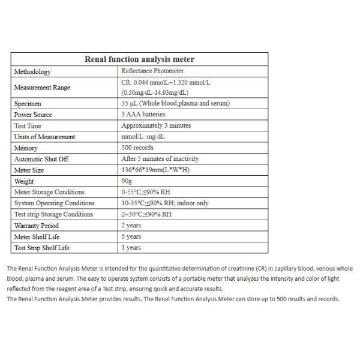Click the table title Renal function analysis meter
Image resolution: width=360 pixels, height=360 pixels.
[139, 59]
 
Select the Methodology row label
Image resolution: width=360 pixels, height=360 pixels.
[33, 71]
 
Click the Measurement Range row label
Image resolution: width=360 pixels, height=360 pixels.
[42, 88]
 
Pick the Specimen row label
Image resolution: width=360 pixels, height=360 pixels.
[28, 103]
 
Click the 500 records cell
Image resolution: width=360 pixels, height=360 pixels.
[137, 148]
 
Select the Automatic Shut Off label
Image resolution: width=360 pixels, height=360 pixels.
[41, 159]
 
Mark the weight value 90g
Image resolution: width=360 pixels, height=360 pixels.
[127, 181]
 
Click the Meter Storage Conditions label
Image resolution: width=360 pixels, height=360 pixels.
[49, 192]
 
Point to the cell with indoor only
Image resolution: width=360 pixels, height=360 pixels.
[165, 203]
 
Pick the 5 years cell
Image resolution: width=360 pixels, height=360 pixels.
[131, 236]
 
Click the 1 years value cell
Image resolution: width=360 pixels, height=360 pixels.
[131, 247]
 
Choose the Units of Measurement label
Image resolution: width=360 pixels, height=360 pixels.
[45, 137]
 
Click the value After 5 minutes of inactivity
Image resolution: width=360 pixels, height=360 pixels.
[160, 159]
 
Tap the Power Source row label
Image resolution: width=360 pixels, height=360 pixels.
[34, 115]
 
